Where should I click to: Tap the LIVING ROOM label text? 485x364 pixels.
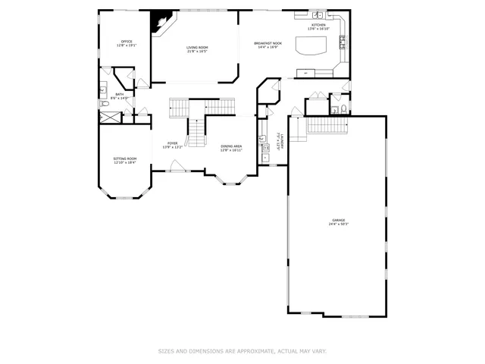pyautogui.click(x=198, y=48)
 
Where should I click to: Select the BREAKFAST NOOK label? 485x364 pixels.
pyautogui.click(x=268, y=43)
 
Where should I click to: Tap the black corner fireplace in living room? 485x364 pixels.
pyautogui.click(x=161, y=21)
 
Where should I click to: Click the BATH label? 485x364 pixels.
pyautogui.click(x=119, y=94)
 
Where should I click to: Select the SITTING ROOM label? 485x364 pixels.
pyautogui.click(x=125, y=158)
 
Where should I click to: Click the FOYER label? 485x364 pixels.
pyautogui.click(x=173, y=143)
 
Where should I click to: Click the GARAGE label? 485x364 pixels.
pyautogui.click(x=337, y=220)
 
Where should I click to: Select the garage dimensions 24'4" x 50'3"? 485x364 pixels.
pyautogui.click(x=337, y=224)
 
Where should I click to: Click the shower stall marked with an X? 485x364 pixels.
pyautogui.click(x=111, y=118)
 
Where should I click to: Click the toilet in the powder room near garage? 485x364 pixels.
pyautogui.click(x=344, y=108)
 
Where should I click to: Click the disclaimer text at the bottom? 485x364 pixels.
pyautogui.click(x=242, y=351)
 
